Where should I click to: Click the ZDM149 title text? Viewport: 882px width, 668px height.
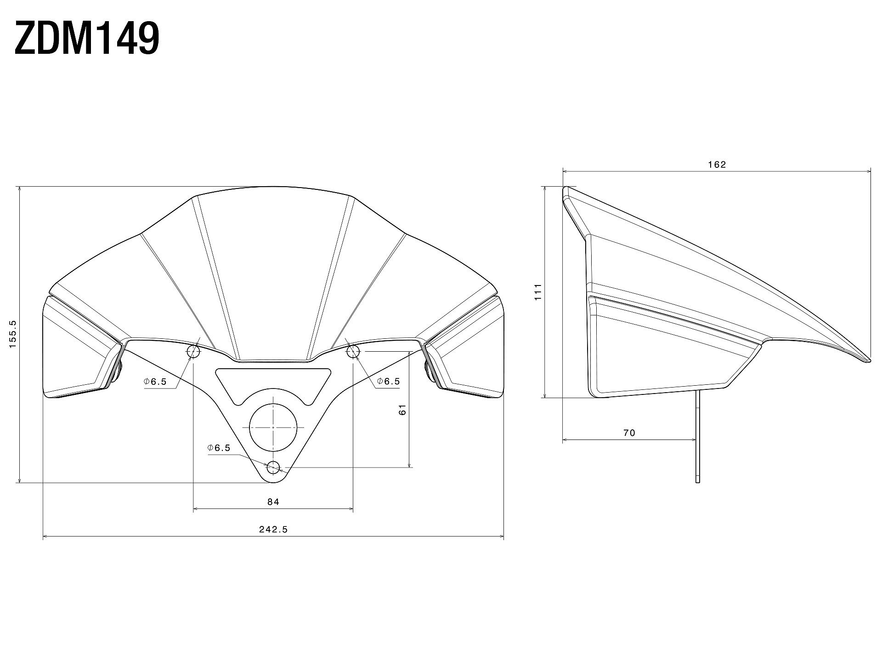pyautogui.click(x=87, y=39)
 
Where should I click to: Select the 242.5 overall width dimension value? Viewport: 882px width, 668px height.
pyautogui.click(x=273, y=529)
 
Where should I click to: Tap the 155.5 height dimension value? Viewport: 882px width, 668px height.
pyautogui.click(x=12, y=334)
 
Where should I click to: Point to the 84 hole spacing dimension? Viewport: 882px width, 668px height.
pyautogui.click(x=273, y=502)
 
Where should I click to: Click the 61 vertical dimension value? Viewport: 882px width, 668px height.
pyautogui.click(x=403, y=410)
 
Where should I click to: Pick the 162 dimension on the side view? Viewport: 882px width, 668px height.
pyautogui.click(x=717, y=165)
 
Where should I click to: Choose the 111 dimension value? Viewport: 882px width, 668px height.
pyautogui.click(x=538, y=292)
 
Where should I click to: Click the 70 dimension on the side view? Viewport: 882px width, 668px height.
pyautogui.click(x=629, y=433)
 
